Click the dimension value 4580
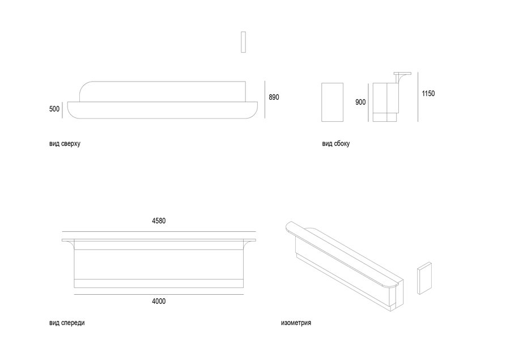(x=159, y=221)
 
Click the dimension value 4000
(x=159, y=302)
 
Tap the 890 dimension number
(x=274, y=97)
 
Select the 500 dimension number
(x=54, y=109)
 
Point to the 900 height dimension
(x=360, y=102)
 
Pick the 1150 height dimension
(x=428, y=94)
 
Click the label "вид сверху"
(x=65, y=143)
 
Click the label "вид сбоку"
(x=336, y=143)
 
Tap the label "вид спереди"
(x=67, y=323)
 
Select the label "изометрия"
(x=296, y=323)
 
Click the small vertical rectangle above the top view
(x=243, y=42)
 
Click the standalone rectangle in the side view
(x=333, y=102)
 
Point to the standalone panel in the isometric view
(x=424, y=278)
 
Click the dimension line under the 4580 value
(x=159, y=232)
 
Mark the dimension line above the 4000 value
(x=159, y=295)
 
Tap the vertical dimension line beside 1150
(x=418, y=97)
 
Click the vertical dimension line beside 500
(x=62, y=109)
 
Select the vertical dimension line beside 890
(x=265, y=100)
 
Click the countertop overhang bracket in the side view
(x=402, y=77)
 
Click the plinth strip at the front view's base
(x=159, y=283)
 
